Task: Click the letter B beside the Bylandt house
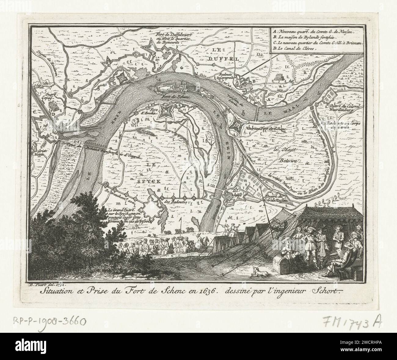(x=253, y=81)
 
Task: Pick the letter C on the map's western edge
(x=35, y=112)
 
